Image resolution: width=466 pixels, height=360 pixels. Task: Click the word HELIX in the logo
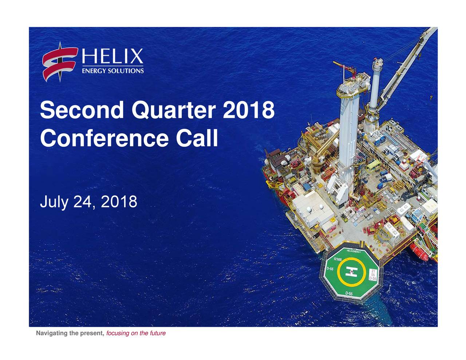point(112,57)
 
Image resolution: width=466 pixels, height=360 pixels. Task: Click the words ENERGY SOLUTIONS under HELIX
point(112,71)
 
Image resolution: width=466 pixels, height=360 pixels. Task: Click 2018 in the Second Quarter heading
point(248,110)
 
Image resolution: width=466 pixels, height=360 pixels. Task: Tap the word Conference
point(104,138)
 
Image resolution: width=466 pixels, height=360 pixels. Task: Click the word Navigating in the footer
point(51,333)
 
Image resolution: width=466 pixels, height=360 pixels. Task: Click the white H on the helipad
point(351,272)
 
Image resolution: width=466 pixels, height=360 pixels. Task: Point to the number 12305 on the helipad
point(337,259)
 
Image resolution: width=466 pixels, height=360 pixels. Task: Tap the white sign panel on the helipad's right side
point(373,274)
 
